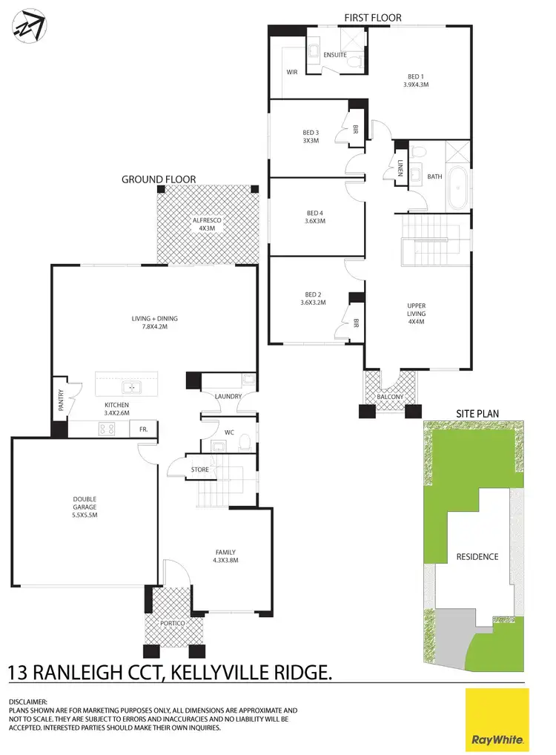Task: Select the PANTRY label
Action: [x=62, y=401]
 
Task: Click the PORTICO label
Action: [x=175, y=624]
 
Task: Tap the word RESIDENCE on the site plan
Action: [x=477, y=556]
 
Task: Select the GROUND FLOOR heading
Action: [x=159, y=179]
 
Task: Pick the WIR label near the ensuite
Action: [x=291, y=72]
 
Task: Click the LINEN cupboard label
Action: [x=400, y=168]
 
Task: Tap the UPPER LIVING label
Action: [x=417, y=309]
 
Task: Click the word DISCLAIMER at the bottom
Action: [x=27, y=702]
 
